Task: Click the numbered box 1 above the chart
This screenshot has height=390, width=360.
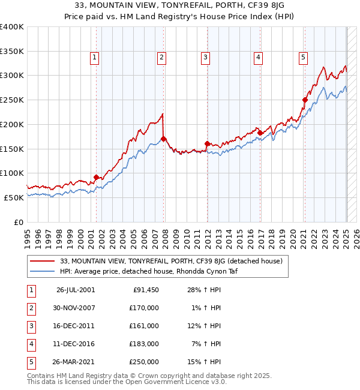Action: pyautogui.click(x=95, y=58)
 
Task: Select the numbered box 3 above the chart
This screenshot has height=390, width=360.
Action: pyautogui.click(x=205, y=58)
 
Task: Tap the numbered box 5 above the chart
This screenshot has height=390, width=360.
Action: pyautogui.click(x=303, y=58)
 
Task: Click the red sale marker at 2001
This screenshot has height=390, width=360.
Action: pyautogui.click(x=97, y=177)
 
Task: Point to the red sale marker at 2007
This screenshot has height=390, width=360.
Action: pyautogui.click(x=164, y=139)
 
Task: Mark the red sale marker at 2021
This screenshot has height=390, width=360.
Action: pyautogui.click(x=305, y=100)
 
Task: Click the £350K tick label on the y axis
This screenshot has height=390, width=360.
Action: pyautogui.click(x=11, y=51)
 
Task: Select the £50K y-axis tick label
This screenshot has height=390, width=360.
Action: pyautogui.click(x=14, y=197)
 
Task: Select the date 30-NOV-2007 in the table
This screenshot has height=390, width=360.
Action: pyautogui.click(x=76, y=308)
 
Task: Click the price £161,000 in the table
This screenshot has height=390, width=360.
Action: pyautogui.click(x=145, y=326)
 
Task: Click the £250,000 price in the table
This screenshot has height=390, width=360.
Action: pyautogui.click(x=145, y=362)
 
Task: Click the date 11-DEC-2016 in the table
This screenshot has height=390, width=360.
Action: pyautogui.click(x=76, y=344)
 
